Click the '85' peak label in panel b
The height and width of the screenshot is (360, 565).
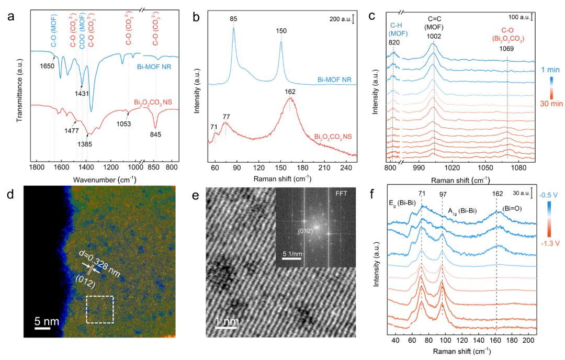point(233,19)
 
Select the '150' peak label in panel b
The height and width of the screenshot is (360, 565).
point(281,31)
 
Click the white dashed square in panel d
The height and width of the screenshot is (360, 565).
point(99,310)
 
